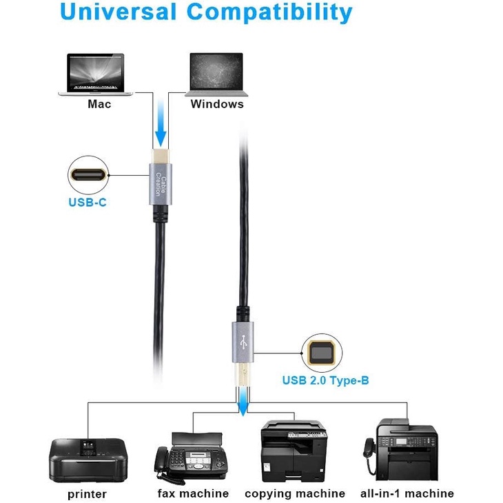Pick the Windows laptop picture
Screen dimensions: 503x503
point(216,74)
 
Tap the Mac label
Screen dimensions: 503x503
point(99,104)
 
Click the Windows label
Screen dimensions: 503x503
point(217,104)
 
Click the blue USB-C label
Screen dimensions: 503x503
point(87,203)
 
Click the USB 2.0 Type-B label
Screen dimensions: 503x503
point(325,380)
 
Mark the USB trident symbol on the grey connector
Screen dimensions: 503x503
point(240,341)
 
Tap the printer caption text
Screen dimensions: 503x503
point(87,494)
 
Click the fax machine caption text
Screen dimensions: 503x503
point(193,493)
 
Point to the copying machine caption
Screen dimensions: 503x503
point(295,493)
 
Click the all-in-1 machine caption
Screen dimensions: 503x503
point(407,493)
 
